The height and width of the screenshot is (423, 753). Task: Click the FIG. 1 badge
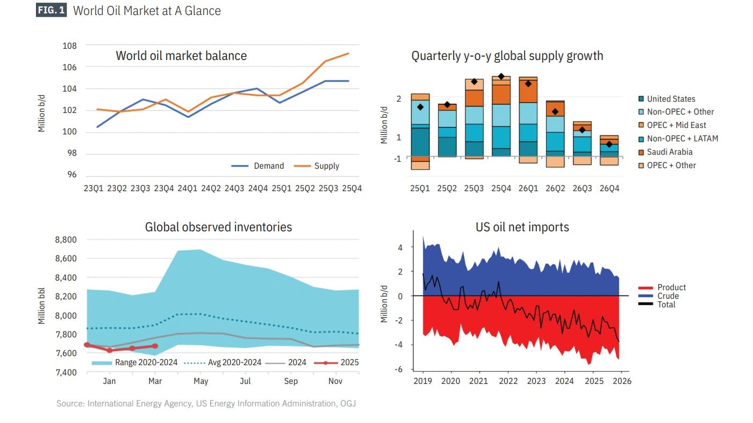click(51, 11)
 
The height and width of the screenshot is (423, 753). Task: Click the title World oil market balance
click(181, 56)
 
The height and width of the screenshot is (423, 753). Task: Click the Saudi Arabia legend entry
click(669, 152)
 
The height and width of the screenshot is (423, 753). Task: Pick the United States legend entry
click(670, 99)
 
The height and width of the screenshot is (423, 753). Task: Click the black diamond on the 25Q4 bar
click(501, 77)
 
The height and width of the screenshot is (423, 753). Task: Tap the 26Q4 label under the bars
click(609, 188)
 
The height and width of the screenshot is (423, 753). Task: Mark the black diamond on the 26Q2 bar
click(555, 112)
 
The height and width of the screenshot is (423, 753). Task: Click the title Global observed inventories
click(218, 227)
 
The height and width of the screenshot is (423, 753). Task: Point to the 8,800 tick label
click(66, 240)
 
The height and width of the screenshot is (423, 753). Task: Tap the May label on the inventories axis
click(201, 382)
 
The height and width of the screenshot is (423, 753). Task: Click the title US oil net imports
click(522, 227)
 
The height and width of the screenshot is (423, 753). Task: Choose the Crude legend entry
click(668, 296)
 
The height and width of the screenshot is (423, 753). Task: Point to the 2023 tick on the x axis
click(536, 381)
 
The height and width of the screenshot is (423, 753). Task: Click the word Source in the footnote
click(69, 404)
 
